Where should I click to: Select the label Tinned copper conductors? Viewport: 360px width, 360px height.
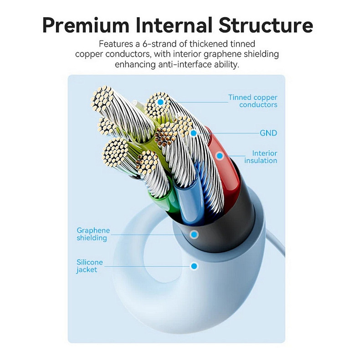point(253,101)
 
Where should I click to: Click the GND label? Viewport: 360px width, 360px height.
point(268,133)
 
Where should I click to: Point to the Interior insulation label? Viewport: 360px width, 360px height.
point(261,157)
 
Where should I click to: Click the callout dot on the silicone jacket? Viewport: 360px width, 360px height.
point(195,266)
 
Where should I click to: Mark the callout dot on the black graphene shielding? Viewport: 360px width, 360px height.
point(194,235)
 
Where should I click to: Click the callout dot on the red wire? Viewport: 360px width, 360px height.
point(220,156)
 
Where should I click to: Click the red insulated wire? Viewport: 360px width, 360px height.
point(228,173)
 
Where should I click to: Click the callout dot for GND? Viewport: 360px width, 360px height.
point(194,133)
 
